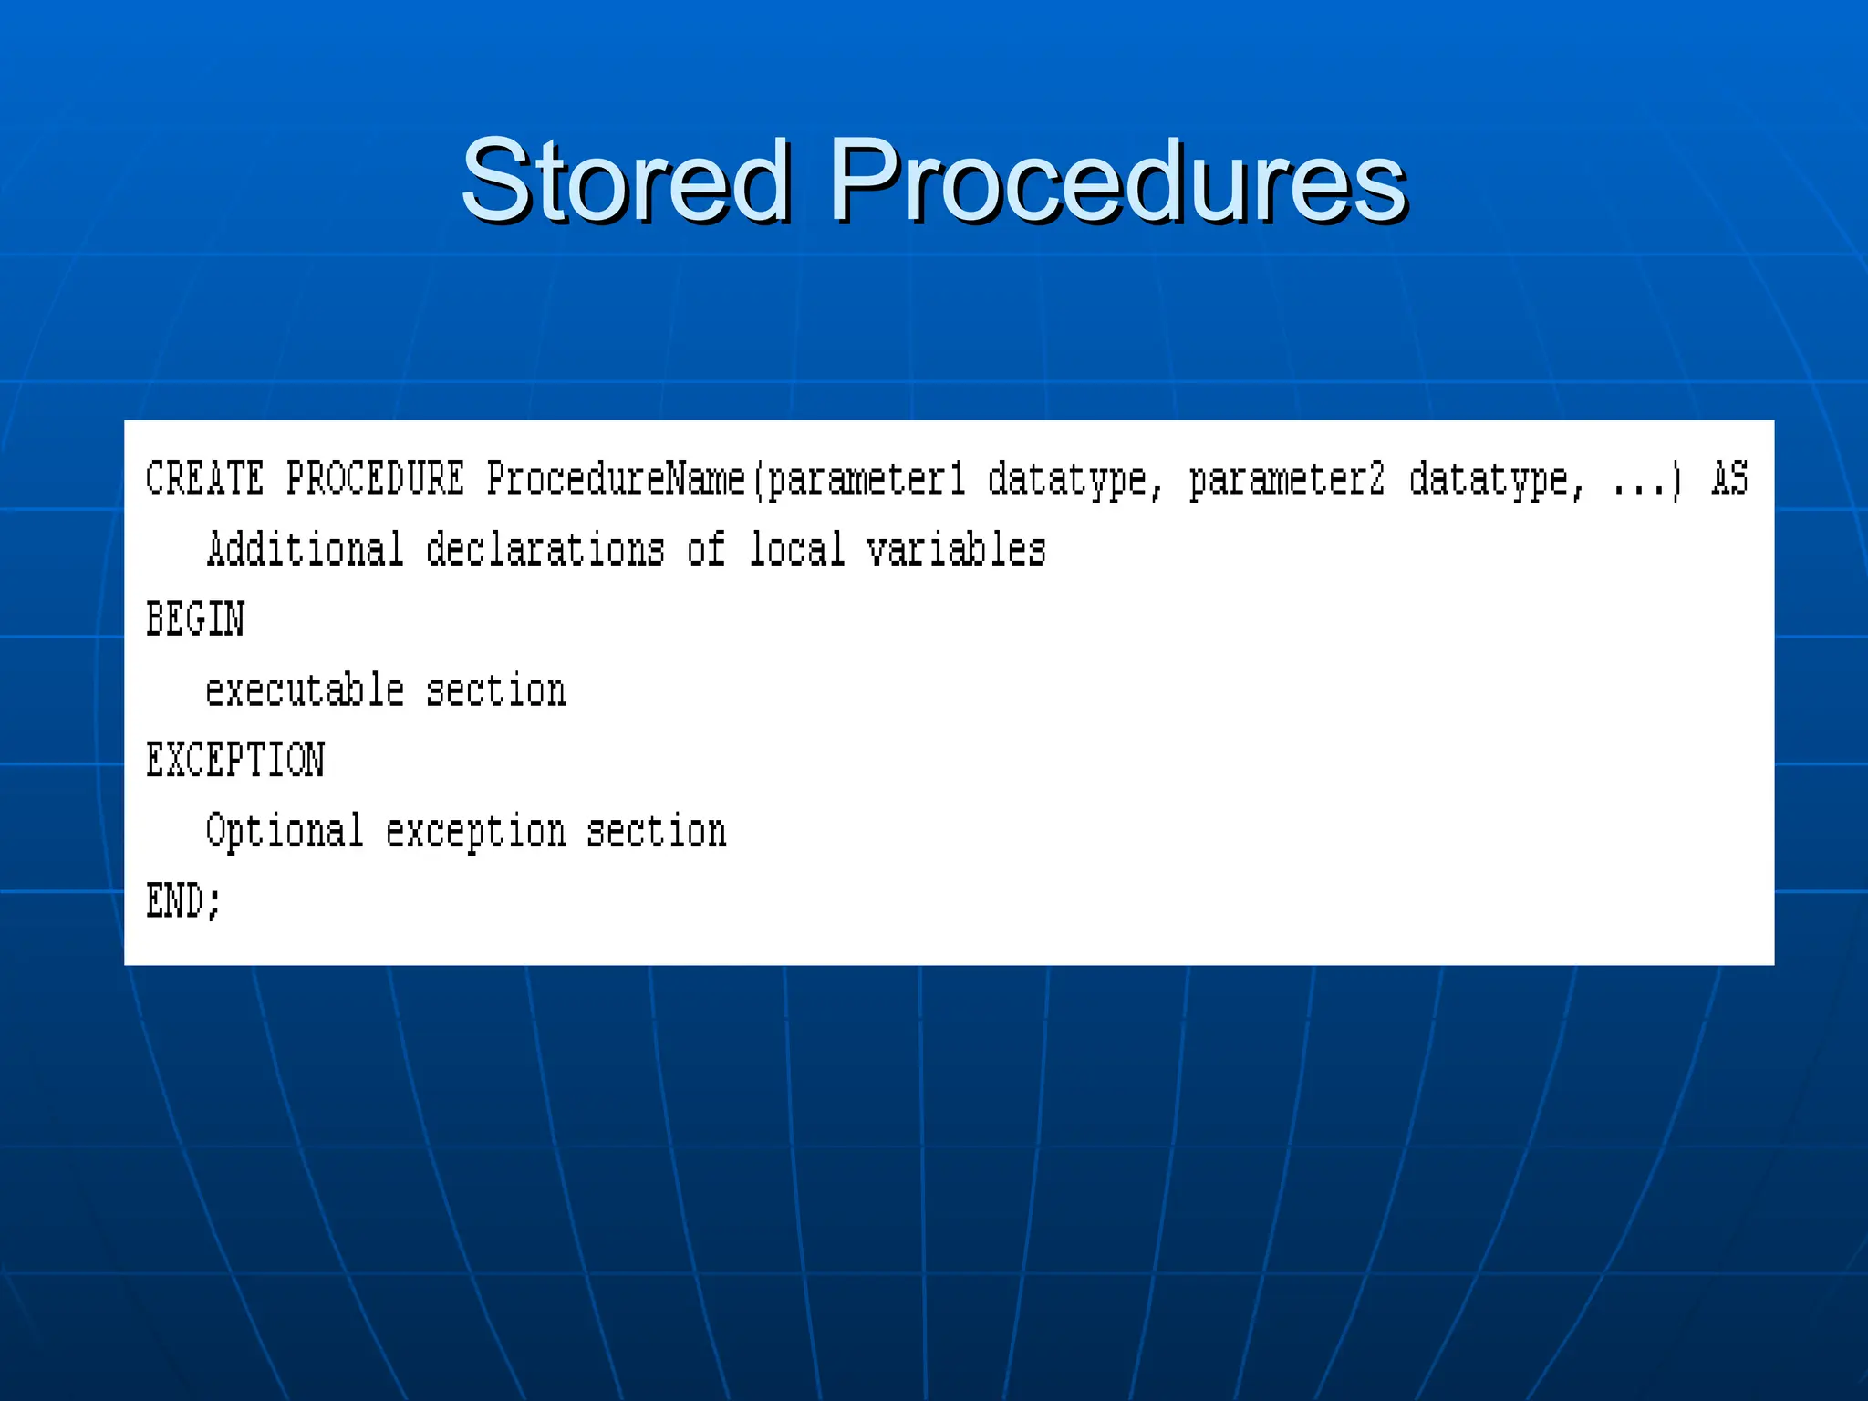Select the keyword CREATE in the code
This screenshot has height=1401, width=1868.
tap(205, 480)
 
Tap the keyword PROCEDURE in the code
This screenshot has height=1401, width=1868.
tap(375, 480)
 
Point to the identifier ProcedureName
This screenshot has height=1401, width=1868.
tap(616, 480)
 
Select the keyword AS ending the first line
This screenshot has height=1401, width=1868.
tap(1729, 480)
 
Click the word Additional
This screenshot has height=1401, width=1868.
tap(305, 550)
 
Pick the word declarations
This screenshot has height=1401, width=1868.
tap(545, 550)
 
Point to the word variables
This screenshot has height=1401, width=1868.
tap(956, 550)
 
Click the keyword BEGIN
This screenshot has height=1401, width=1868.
tap(195, 620)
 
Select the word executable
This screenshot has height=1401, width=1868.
tap(305, 690)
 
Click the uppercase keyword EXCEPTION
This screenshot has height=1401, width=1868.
tap(235, 761)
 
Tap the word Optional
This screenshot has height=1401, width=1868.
tap(285, 831)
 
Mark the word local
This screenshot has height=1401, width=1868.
tap(796, 550)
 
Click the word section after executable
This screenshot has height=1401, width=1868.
tap(495, 690)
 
